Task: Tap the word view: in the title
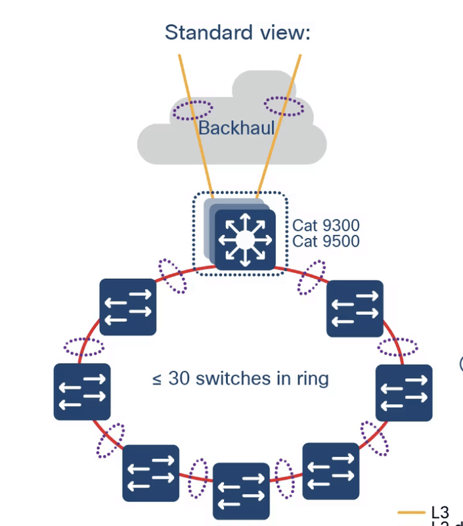[x=286, y=32]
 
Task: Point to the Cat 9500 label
[x=326, y=241]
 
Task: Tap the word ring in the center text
[x=313, y=379]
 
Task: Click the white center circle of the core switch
[x=244, y=239]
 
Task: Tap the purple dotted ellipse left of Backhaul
[x=192, y=110]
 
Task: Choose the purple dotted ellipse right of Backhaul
[x=284, y=105]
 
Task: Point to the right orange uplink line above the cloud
[x=296, y=66]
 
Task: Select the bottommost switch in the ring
[x=241, y=490]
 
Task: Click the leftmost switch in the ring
[x=82, y=391]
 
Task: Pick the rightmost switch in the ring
[x=403, y=393]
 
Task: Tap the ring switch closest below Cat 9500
[x=355, y=308]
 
